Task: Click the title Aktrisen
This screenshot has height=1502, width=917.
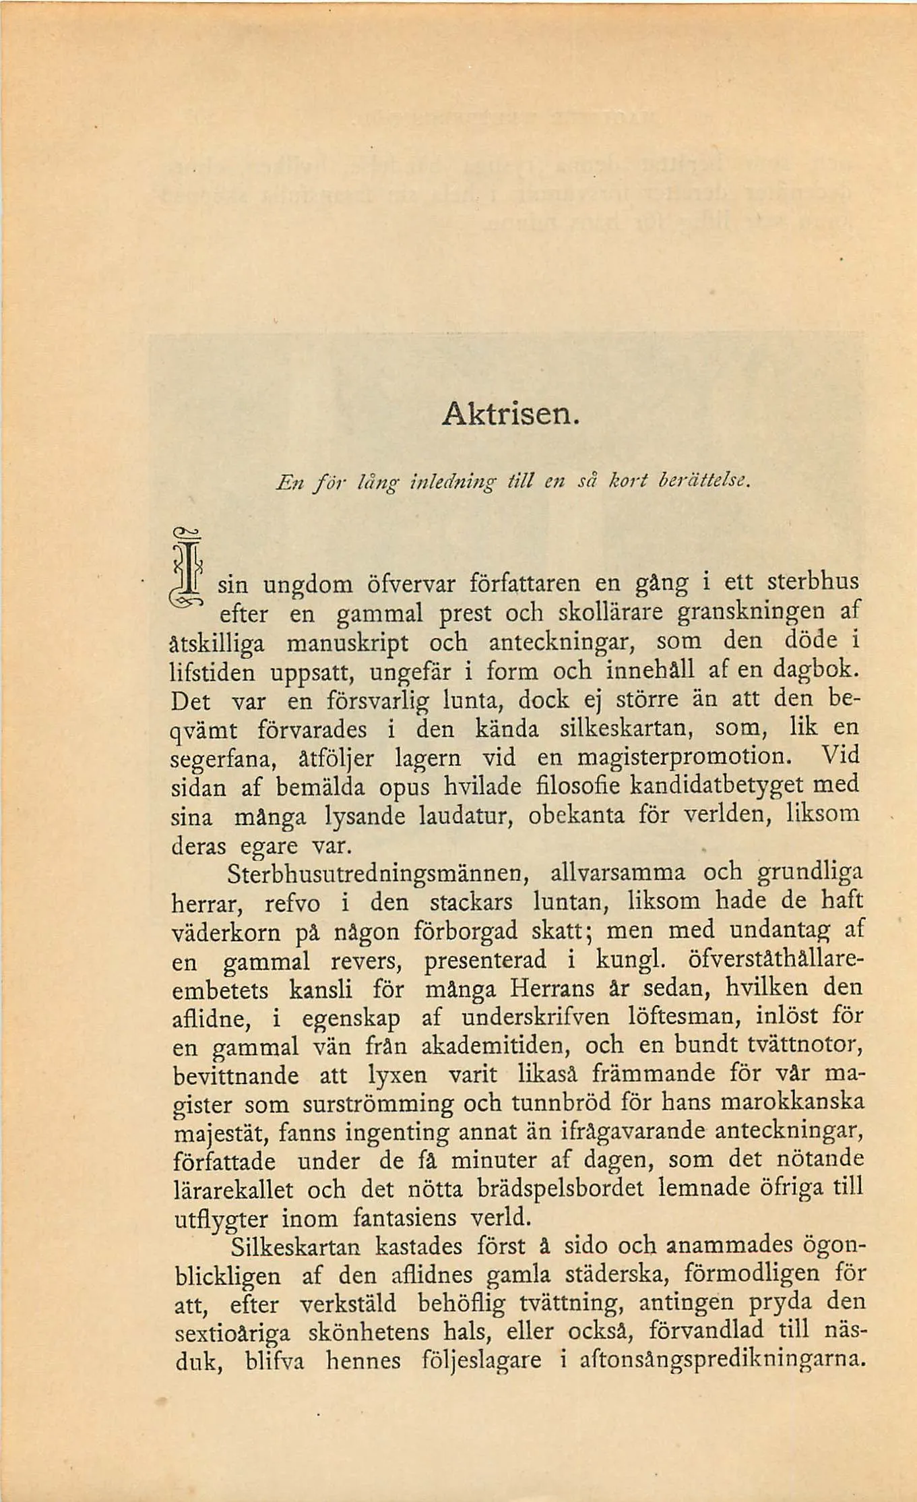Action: pos(510,411)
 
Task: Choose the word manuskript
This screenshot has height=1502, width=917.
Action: pos(348,642)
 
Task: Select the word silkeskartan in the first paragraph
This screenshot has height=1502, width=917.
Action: pos(632,729)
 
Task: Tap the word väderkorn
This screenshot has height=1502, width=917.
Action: pos(226,932)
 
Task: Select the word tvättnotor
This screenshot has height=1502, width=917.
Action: pos(805,1046)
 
